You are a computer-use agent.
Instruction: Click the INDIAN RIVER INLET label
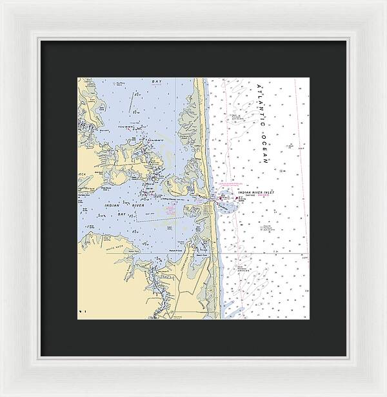point(256,192)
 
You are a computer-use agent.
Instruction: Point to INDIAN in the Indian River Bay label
point(112,205)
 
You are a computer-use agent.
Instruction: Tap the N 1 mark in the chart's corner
point(82,311)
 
